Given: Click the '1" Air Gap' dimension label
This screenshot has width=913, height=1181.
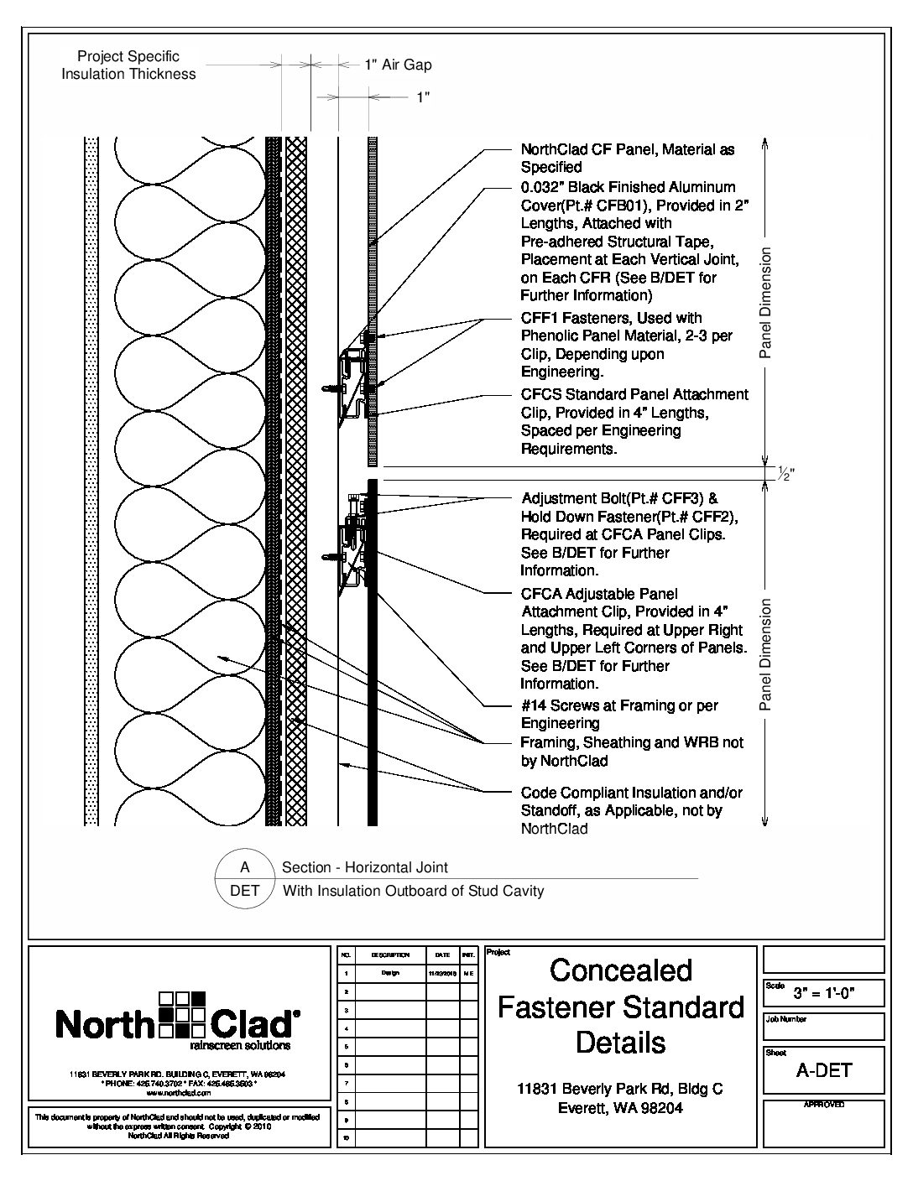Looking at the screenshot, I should (x=398, y=65).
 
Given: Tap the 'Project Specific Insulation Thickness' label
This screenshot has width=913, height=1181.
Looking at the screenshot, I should (x=128, y=65).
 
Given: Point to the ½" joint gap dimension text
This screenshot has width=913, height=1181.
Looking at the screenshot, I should (x=785, y=475).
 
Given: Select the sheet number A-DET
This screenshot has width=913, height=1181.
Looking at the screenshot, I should (x=823, y=1070).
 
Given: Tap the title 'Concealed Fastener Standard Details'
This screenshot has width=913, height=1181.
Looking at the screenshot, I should (x=621, y=1006).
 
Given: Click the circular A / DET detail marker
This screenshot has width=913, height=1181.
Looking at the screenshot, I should (x=244, y=879).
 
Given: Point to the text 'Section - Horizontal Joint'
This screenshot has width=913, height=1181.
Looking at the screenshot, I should (x=365, y=868).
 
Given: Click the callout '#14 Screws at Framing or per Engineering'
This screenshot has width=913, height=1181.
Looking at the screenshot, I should (x=619, y=714).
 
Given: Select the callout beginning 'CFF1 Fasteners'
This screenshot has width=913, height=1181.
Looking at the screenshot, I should (x=626, y=345).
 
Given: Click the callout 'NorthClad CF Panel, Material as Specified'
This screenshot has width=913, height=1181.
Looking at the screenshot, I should (x=628, y=158).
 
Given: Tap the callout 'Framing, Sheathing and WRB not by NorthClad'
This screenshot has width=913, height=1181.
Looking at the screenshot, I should (x=632, y=752).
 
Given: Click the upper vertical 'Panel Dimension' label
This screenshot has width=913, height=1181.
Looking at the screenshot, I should (x=764, y=303).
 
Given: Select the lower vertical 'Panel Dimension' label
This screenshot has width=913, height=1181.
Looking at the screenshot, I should (x=764, y=655).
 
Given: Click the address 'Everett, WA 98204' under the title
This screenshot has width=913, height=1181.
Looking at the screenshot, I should (x=621, y=1108).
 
